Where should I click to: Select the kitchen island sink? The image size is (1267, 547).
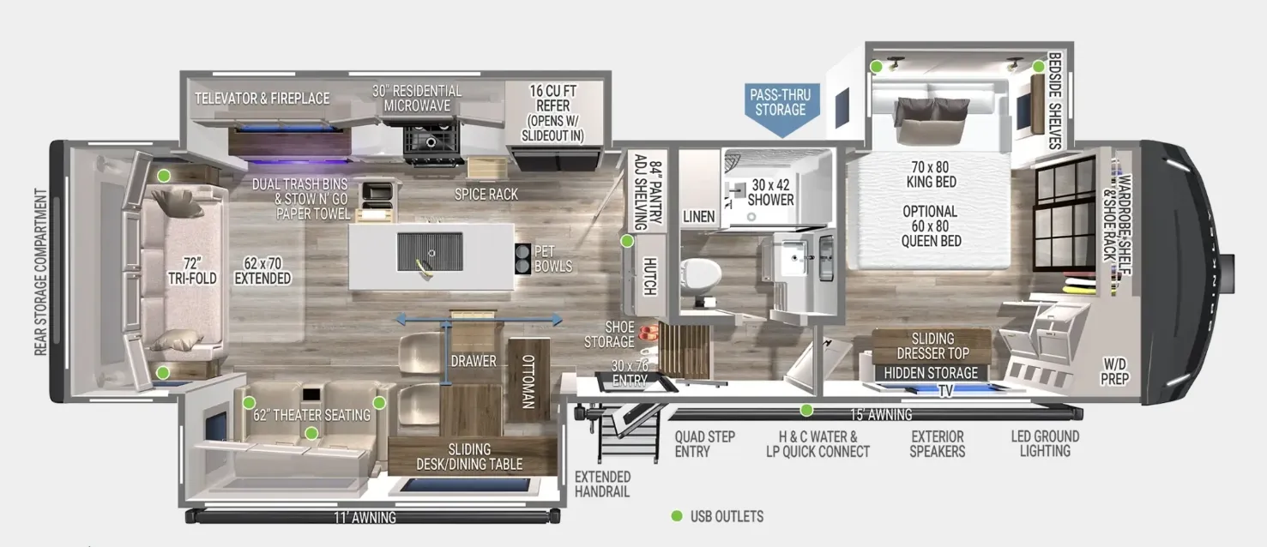429,252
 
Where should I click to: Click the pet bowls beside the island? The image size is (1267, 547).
522,258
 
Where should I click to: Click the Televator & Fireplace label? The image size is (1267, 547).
262,99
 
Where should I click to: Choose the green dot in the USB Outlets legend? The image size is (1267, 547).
677,515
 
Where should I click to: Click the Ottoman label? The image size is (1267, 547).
528,382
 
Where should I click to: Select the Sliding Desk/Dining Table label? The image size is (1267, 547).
469,457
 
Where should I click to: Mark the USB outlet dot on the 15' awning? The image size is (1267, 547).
806,410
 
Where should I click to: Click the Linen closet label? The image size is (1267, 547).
699,216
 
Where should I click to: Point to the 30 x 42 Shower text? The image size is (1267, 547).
770,192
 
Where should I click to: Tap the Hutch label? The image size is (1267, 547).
649,276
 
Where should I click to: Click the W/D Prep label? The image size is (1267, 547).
1114,371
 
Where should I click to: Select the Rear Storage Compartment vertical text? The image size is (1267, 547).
40,272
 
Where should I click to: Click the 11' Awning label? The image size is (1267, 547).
365,517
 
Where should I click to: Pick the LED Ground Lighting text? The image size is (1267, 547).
1046,443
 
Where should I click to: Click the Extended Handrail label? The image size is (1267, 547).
602,484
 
